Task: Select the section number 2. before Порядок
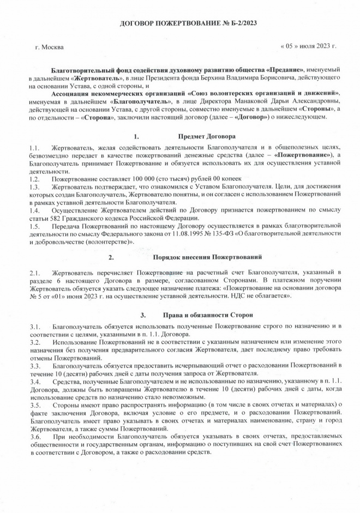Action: point(111,256)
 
